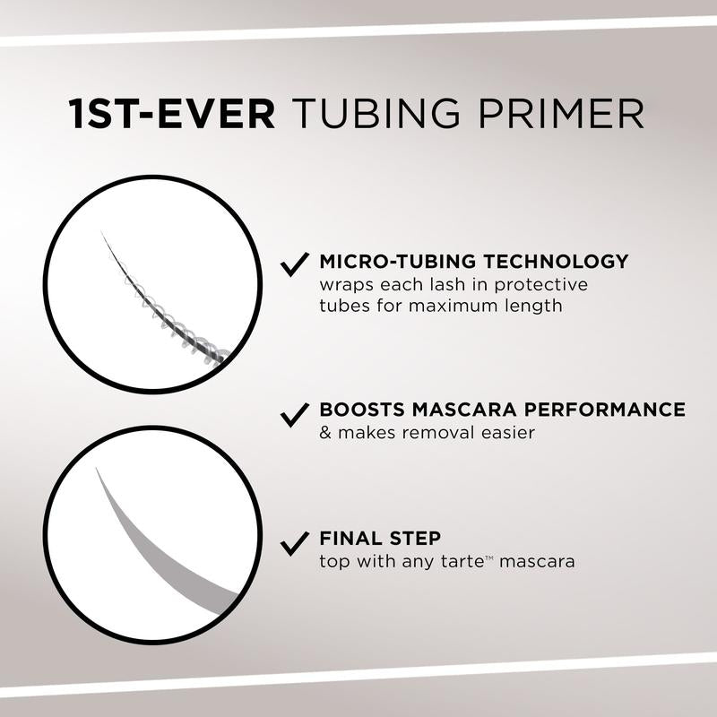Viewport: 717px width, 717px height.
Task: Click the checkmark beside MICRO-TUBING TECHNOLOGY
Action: (295, 263)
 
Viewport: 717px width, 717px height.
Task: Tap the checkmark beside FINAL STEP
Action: (295, 541)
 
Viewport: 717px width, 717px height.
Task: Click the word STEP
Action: (415, 540)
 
